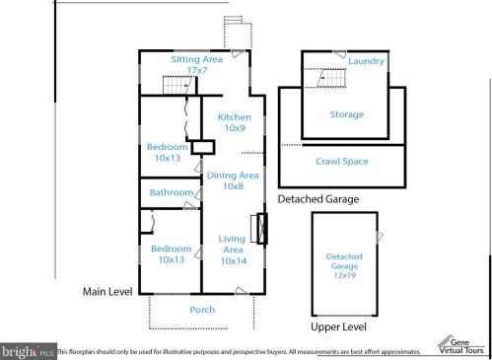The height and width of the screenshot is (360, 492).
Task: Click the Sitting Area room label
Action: [196, 64]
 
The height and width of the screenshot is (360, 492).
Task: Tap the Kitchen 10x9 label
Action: [235, 122]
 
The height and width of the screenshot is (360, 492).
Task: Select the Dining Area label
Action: [233, 180]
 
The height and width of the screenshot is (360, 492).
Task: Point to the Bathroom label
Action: [172, 192]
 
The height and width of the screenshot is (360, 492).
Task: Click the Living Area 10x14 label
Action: [233, 250]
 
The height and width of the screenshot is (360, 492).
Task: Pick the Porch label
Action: [202, 310]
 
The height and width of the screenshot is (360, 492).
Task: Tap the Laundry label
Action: [366, 61]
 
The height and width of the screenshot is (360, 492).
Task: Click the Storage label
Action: [347, 114]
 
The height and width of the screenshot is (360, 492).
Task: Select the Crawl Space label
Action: [342, 162]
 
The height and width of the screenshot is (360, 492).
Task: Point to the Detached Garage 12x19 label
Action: [344, 265]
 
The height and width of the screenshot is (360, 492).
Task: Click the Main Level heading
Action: [107, 292]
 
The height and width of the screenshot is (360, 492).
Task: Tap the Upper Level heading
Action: [338, 326]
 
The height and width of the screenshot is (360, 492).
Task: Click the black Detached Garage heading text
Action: [318, 199]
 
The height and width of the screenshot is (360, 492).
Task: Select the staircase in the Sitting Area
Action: [178, 85]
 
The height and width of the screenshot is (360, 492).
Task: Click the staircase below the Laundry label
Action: [331, 78]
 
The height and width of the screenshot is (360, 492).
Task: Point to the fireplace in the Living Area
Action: [259, 229]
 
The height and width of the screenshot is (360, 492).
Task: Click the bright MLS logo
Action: [28, 352]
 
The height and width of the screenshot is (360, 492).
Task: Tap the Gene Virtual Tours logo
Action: [461, 346]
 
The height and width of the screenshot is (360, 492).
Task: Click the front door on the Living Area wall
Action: [242, 291]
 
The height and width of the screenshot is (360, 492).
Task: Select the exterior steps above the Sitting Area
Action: [233, 20]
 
